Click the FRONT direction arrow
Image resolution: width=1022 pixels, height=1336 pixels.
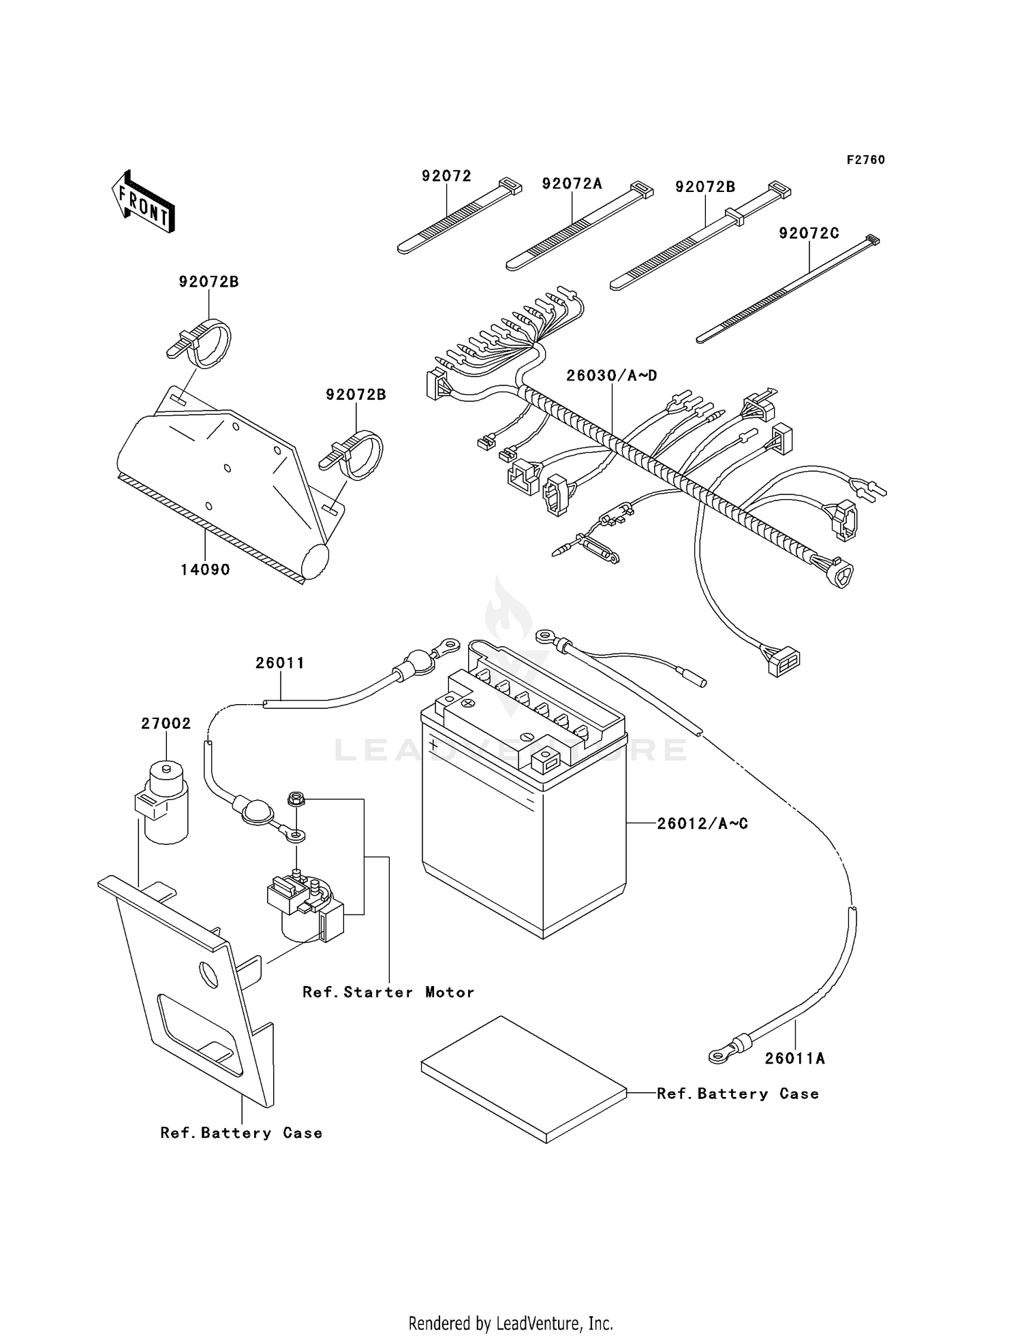pos(144,202)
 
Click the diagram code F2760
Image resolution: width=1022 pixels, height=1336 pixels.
pos(865,160)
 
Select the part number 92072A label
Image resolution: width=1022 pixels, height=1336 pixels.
pos(572,184)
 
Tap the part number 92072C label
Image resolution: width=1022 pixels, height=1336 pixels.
pos(809,234)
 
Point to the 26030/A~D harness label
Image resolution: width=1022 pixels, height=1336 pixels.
pos(611,376)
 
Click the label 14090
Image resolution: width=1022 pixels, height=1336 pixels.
pos(205,570)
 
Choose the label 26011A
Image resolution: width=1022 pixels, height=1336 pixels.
pos(794,1058)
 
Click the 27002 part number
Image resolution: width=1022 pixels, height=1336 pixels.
pos(166,724)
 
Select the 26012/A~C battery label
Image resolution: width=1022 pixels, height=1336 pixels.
pos(702,824)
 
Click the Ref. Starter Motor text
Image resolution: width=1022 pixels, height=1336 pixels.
pos(388,992)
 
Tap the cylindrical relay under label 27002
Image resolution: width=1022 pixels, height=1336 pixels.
pos(164,804)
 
